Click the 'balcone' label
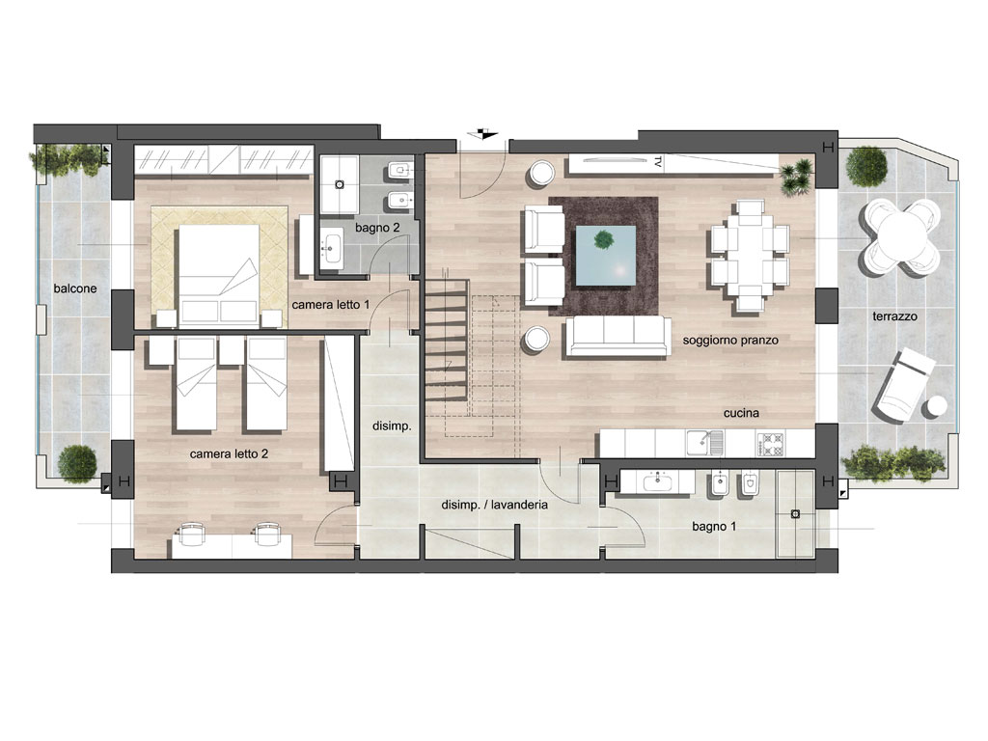[x=75, y=288]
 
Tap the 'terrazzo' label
[x=894, y=316]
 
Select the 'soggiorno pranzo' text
[x=730, y=341]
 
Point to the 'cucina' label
[x=741, y=413]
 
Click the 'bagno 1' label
[x=714, y=526]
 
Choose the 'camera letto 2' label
[x=229, y=453]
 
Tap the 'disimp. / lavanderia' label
[x=495, y=505]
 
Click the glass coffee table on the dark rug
[x=606, y=256]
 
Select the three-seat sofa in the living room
[x=618, y=337]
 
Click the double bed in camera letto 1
[x=219, y=275]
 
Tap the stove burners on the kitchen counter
[x=771, y=444]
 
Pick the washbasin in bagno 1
[x=658, y=482]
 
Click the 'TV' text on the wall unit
[x=657, y=161]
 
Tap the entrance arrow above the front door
[x=484, y=133]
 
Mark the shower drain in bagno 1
[x=795, y=514]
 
